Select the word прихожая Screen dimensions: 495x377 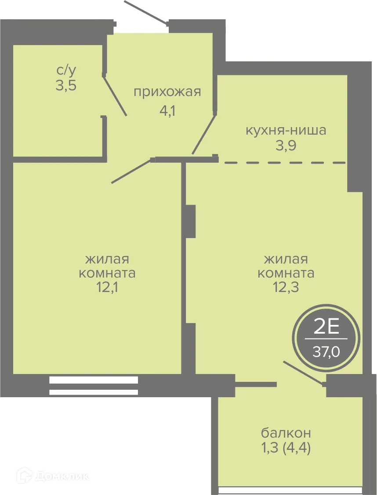(x=167, y=92)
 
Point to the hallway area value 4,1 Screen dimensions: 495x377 (x=167, y=110)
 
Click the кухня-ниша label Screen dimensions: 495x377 (x=286, y=130)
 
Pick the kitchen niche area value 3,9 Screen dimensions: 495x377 (x=286, y=146)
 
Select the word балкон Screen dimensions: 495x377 (x=286, y=433)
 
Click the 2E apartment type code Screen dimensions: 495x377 (x=326, y=327)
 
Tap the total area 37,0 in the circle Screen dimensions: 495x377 (x=326, y=351)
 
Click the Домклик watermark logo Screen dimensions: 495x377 (x=53, y=475)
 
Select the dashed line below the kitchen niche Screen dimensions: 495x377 (x=286, y=163)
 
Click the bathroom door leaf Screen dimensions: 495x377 (x=116, y=96)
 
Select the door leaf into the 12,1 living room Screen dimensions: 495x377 (x=131, y=171)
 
